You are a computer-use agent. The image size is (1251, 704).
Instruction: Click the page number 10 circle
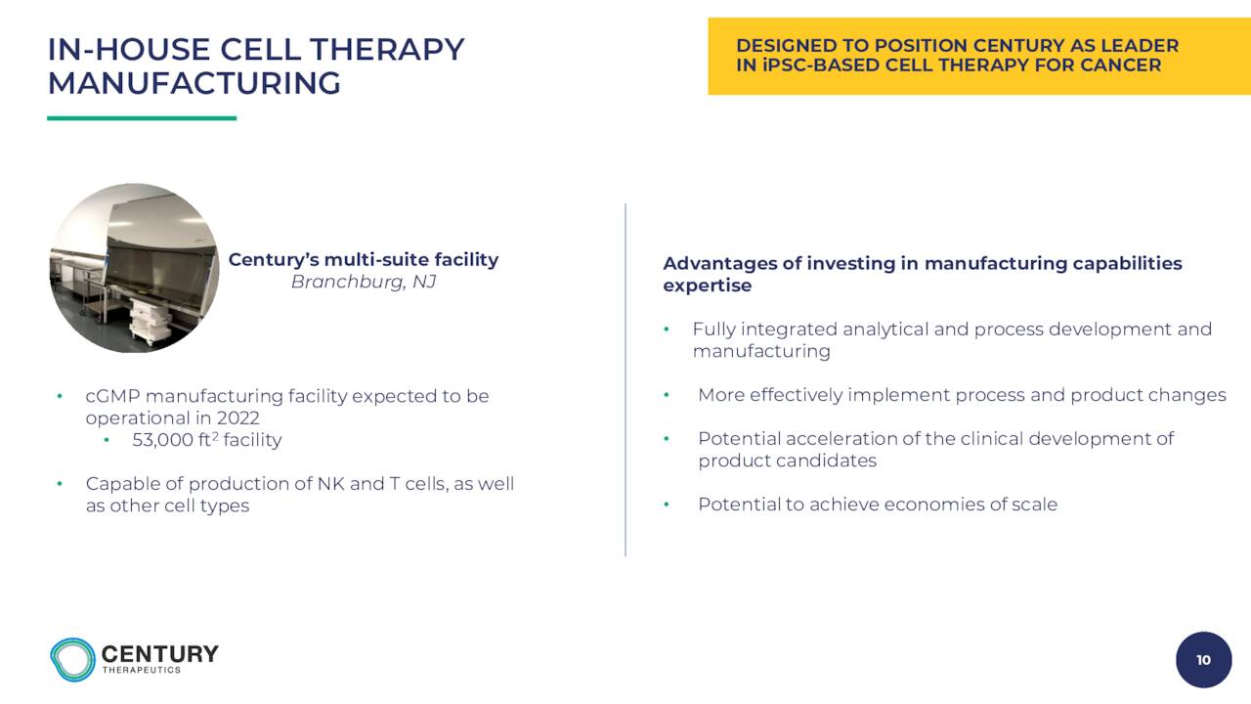coord(1203,660)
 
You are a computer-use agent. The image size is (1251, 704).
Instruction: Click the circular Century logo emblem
coord(72,660)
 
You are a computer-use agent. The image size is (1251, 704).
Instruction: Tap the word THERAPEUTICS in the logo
coord(142,670)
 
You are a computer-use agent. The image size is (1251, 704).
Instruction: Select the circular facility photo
coord(134,268)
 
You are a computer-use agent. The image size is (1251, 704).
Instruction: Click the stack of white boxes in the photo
coord(150,323)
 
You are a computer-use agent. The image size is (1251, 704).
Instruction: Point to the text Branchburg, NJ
coord(364,283)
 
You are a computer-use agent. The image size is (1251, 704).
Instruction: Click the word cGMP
coord(112,396)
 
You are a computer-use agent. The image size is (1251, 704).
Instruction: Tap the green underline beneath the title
coord(142,118)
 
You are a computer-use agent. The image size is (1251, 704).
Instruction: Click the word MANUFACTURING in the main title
coord(194,84)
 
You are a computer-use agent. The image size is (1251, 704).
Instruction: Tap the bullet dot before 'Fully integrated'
coord(667,330)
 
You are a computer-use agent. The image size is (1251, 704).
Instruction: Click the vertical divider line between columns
coord(625,380)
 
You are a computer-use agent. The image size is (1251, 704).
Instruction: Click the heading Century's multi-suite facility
coord(364,260)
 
